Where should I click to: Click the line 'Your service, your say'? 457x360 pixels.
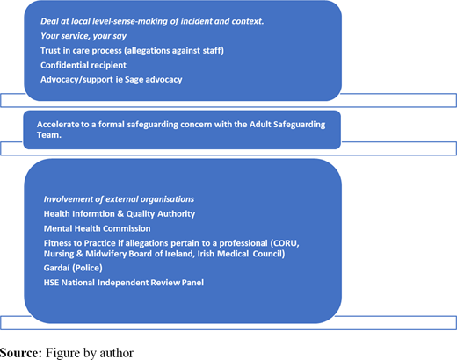83,36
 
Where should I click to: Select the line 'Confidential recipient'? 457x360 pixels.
83,65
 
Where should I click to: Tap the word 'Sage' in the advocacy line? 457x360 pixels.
134,80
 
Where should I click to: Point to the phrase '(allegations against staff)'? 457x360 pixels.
174,51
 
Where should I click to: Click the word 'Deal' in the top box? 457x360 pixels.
47,21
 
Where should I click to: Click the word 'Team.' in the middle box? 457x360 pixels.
49,135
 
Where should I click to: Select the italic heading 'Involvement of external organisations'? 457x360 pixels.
119,199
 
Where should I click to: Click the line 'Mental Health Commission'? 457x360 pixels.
97,228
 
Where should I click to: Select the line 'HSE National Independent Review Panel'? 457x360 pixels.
124,283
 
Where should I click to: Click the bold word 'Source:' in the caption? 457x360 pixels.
21,353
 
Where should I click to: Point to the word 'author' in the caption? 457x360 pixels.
117,353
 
